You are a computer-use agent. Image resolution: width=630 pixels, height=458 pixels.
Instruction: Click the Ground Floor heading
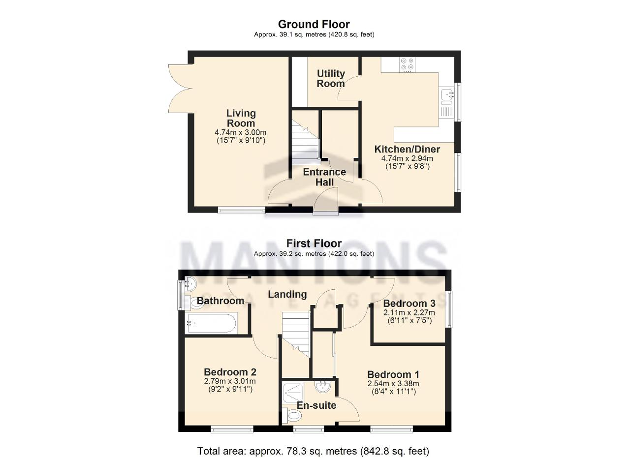[314, 25]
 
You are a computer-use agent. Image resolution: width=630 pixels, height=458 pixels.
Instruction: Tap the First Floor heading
[314, 243]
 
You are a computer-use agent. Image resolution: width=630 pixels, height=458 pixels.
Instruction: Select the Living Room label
[241, 118]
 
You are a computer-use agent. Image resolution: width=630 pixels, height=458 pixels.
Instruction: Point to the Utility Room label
[331, 78]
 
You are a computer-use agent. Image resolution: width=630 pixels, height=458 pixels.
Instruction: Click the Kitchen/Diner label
[407, 149]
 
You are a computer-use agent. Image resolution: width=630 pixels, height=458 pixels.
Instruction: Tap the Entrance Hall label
[324, 177]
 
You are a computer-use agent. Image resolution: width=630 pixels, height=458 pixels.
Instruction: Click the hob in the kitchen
[407, 64]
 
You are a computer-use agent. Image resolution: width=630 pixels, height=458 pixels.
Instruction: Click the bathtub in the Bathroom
[212, 323]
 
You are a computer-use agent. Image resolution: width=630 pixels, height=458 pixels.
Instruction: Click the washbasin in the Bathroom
[190, 284]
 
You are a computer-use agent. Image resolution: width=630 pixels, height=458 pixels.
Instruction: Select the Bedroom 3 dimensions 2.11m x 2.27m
[409, 312]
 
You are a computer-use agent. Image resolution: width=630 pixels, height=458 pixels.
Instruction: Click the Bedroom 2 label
[230, 372]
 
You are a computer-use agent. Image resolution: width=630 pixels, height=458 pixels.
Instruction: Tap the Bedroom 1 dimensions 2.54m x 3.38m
[393, 383]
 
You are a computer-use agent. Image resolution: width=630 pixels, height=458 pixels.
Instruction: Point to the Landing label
[287, 294]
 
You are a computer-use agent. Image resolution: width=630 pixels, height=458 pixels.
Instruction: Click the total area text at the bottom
[314, 451]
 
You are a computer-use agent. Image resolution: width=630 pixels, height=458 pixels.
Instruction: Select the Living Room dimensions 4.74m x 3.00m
[241, 132]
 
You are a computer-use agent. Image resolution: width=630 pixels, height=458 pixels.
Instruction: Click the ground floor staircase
[306, 142]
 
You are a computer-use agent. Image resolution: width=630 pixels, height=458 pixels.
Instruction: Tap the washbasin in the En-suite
[322, 387]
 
